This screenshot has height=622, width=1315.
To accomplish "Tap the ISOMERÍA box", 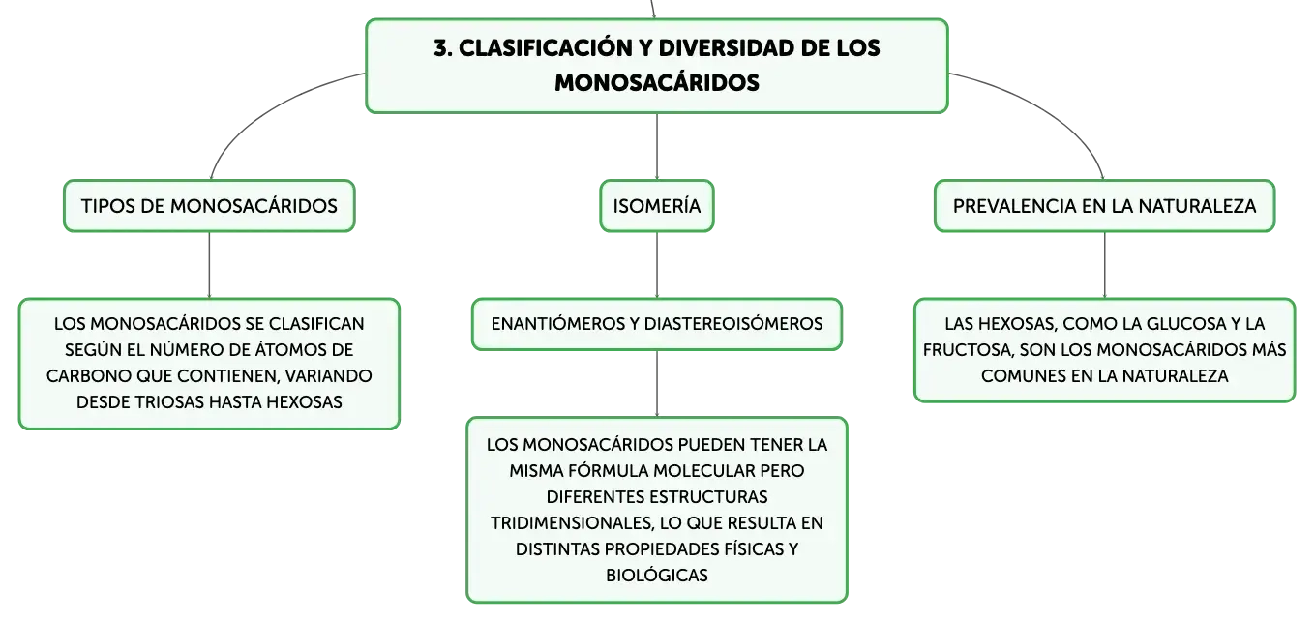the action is click(x=657, y=206).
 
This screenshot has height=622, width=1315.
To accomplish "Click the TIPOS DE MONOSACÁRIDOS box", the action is click(x=209, y=206).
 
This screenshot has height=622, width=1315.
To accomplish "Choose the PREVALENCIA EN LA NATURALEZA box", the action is click(x=1104, y=206).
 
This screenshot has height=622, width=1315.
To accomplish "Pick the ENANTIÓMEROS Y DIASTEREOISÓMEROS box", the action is click(x=657, y=324).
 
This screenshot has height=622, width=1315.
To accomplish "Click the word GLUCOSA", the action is click(x=1184, y=324).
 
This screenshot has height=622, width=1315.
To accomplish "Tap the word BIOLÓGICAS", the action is click(x=657, y=576).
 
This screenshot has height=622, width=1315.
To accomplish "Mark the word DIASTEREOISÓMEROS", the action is click(x=733, y=324).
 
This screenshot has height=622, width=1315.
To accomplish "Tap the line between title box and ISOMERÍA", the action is click(x=657, y=147).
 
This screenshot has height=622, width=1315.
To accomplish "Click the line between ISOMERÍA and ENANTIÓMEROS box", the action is click(x=657, y=265).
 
